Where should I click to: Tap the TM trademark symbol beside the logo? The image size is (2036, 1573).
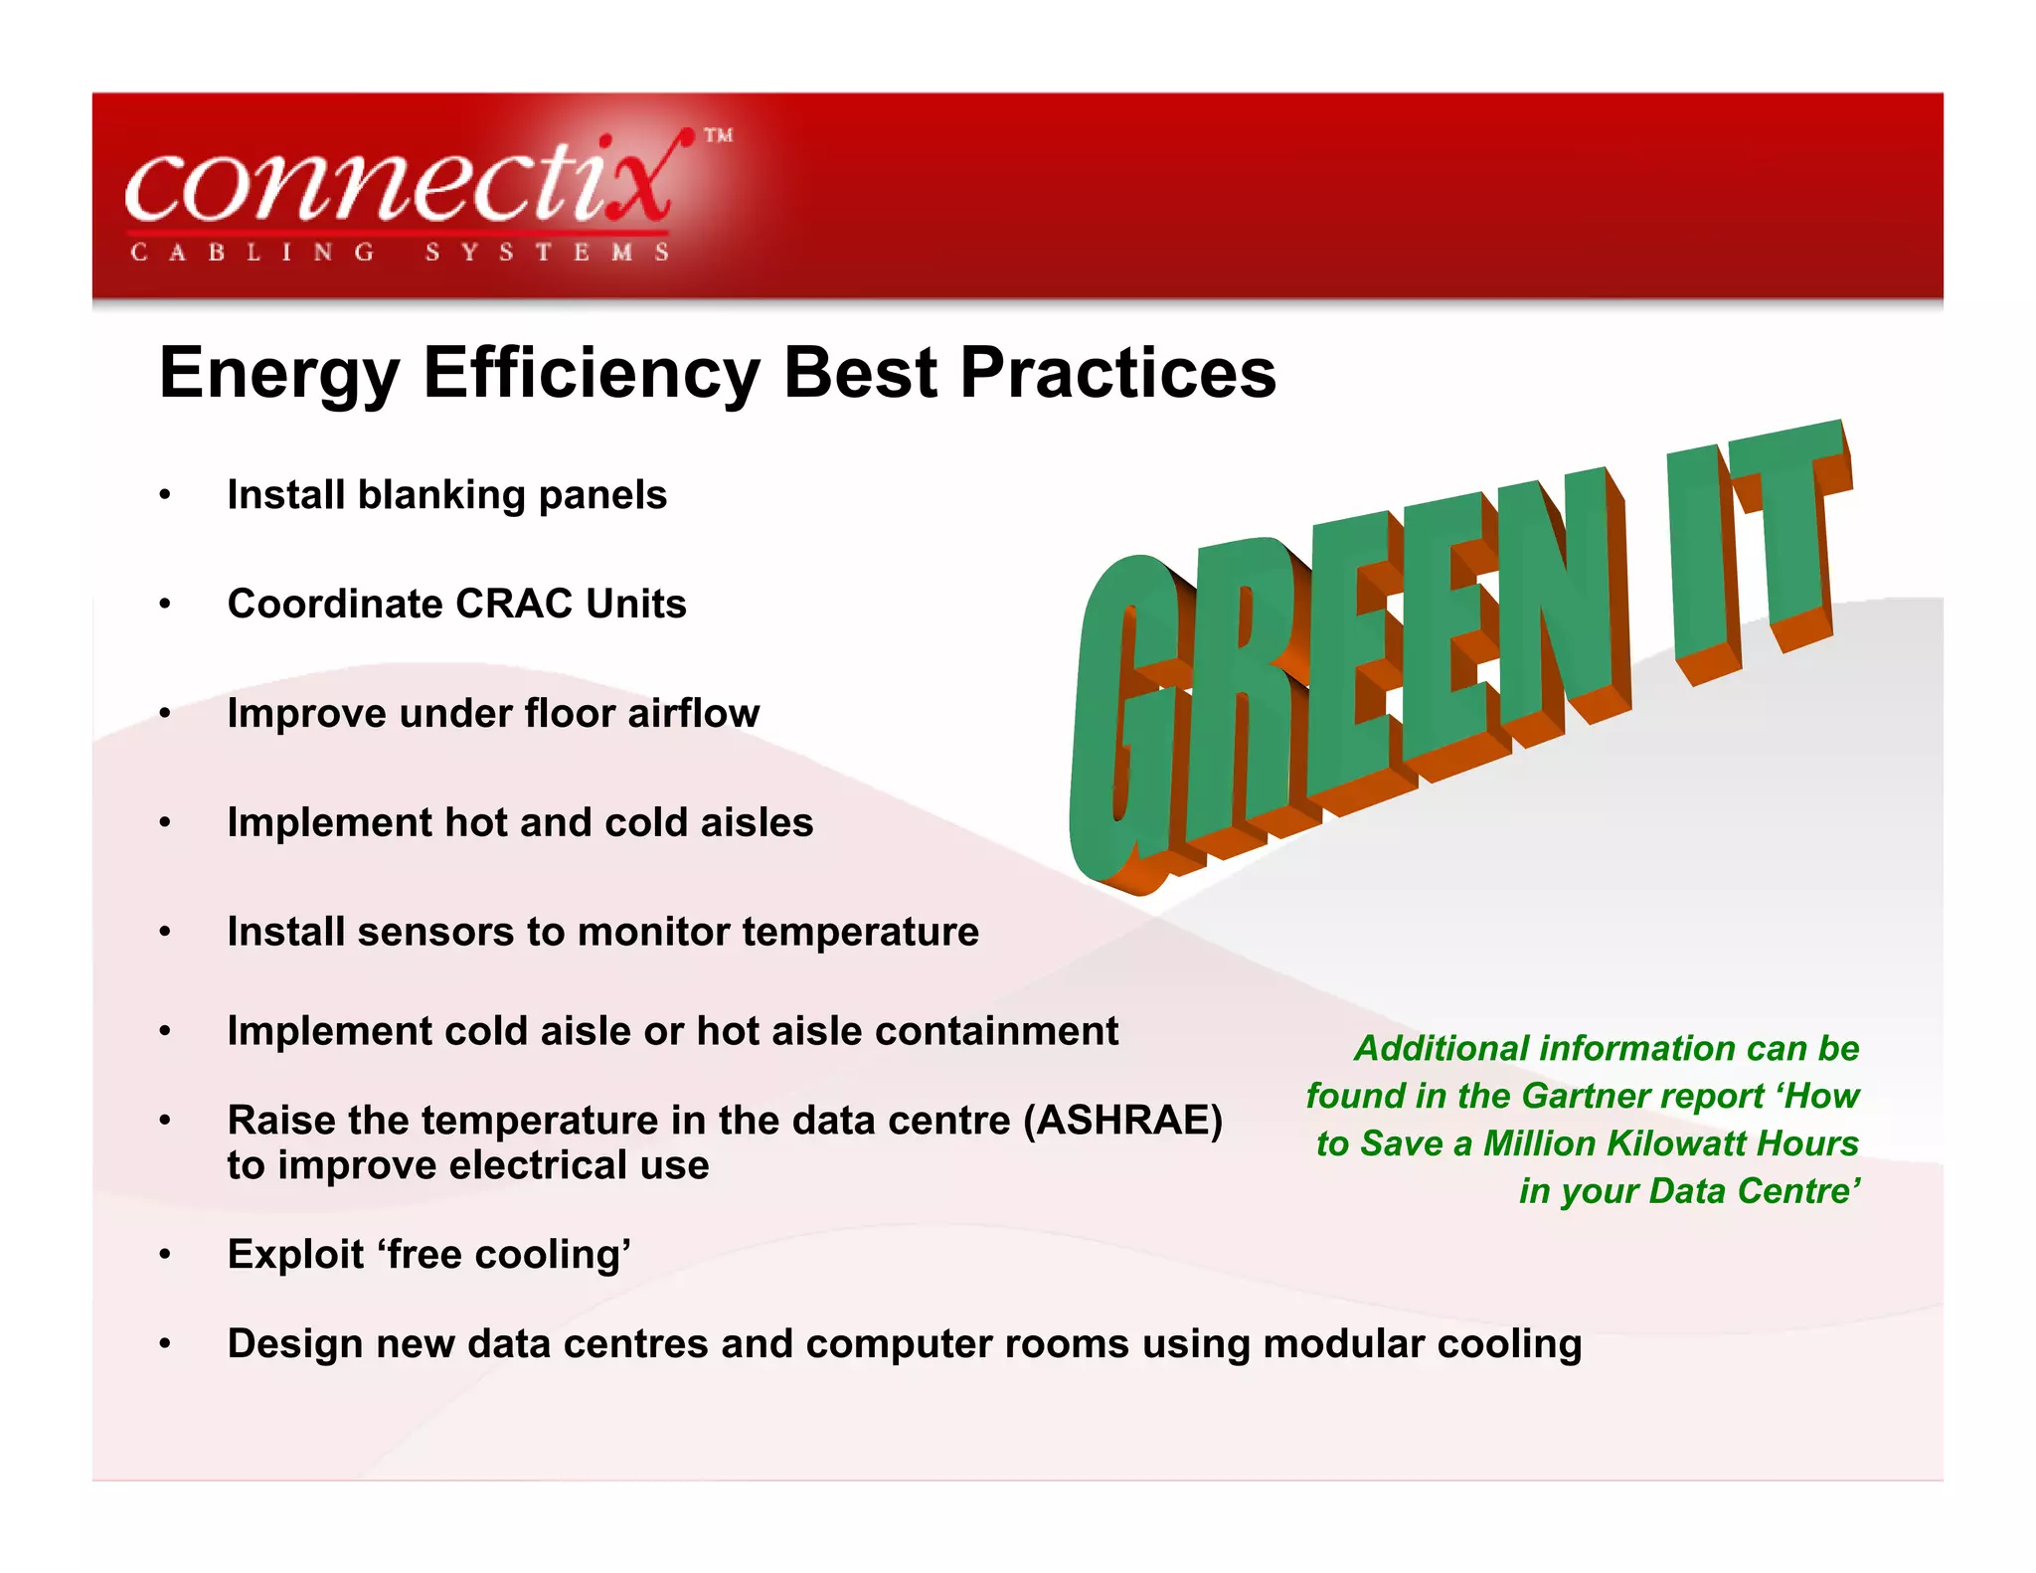click(x=718, y=136)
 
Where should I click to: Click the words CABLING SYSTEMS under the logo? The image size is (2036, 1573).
click(x=400, y=253)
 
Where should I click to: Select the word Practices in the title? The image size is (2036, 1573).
click(x=1117, y=374)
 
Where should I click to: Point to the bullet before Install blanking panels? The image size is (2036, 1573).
click(x=165, y=495)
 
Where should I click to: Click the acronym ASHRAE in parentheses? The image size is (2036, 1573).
click(x=1124, y=1121)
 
